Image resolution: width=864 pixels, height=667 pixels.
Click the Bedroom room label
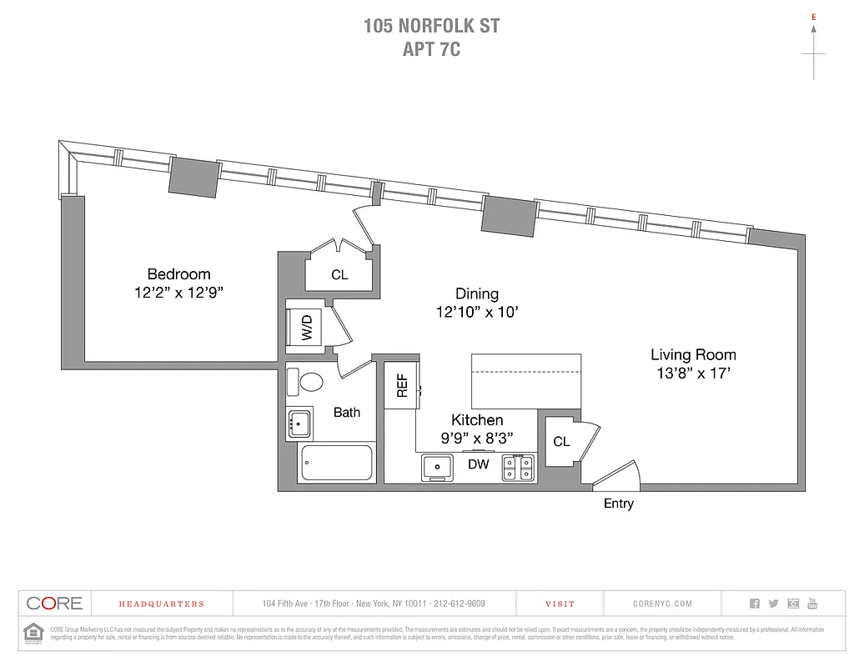click(178, 273)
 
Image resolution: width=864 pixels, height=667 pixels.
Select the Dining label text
click(477, 293)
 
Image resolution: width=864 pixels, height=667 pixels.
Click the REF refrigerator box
click(401, 385)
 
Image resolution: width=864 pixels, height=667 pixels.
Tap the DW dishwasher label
click(478, 464)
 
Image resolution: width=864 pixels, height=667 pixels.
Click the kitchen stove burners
click(518, 468)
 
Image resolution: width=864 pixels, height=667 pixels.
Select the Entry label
click(619, 504)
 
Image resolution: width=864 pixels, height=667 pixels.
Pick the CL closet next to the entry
click(562, 441)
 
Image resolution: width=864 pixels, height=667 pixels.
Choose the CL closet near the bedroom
click(339, 274)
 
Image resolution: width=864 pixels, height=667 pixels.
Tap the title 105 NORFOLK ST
click(431, 26)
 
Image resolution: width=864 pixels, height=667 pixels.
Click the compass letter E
click(814, 16)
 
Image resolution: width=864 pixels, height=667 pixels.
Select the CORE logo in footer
click(54, 604)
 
